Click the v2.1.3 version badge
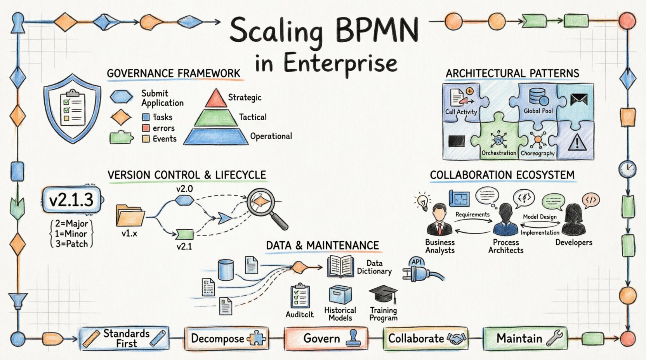[72, 200]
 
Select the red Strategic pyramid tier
[215, 98]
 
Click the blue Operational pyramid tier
[216, 137]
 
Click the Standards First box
[125, 338]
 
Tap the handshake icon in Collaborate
[456, 339]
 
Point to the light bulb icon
[423, 201]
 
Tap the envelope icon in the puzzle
[579, 100]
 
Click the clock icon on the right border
[627, 169]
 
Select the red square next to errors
[146, 128]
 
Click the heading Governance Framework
[174, 73]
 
